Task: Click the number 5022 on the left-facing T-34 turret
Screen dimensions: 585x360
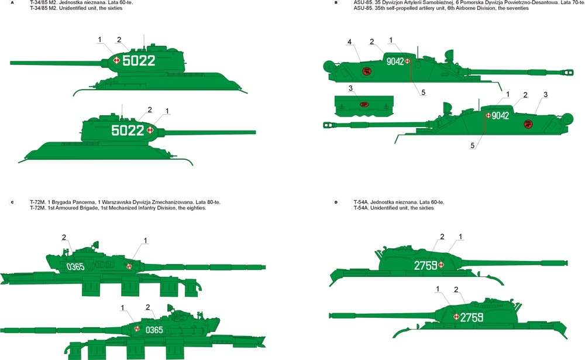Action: click(139, 60)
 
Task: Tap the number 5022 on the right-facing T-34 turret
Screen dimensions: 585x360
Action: click(128, 131)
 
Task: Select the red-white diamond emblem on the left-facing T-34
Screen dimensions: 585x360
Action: click(116, 60)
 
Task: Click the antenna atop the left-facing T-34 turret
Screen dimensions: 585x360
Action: click(144, 41)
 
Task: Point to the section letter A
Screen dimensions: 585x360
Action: click(12, 2)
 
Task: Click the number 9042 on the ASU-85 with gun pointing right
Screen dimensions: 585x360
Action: click(395, 61)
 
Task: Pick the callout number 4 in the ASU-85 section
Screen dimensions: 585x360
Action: click(349, 42)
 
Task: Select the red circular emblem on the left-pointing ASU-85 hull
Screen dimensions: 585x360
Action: click(528, 124)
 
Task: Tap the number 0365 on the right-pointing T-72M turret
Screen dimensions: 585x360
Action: click(75, 267)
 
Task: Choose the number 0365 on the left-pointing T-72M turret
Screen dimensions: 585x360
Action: click(154, 330)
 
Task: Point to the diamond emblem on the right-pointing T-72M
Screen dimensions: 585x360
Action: click(129, 266)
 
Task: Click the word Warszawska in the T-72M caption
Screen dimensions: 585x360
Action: click(115, 202)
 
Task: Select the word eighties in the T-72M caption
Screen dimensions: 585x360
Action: click(197, 208)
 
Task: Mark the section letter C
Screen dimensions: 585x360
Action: click(12, 202)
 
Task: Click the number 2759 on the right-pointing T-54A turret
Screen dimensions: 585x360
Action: click(426, 265)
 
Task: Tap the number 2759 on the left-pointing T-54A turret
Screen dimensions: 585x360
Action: click(472, 317)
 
